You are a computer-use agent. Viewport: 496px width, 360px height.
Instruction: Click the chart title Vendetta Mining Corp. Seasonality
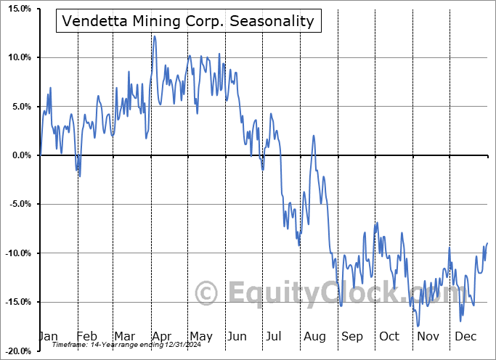coord(188,20)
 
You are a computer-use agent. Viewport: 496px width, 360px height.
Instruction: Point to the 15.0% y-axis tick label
coord(18,9)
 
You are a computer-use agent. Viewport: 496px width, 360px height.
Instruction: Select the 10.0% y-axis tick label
coord(18,57)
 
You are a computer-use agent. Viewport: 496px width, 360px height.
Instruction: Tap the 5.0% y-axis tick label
coord(20,107)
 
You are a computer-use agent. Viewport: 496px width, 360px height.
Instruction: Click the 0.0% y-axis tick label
coord(20,155)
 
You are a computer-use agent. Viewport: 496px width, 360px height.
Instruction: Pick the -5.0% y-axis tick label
coord(18,204)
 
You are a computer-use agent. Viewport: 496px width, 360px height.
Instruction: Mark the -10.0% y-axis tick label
coord(17,253)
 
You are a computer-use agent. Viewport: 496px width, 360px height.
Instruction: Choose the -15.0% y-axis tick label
coord(17,302)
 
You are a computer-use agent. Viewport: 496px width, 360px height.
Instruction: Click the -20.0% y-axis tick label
coord(17,351)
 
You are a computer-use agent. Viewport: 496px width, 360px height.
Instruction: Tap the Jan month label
coord(48,336)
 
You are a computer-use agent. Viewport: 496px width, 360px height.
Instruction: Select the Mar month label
coord(124,336)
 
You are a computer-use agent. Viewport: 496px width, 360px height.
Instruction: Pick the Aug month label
coord(314,336)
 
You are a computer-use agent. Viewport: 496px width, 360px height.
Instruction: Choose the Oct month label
coord(389,336)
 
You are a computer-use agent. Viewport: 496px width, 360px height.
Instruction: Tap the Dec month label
coord(465,336)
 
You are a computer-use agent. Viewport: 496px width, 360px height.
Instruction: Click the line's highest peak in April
coord(155,36)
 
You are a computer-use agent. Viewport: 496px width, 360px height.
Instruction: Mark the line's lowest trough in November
coord(418,326)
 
